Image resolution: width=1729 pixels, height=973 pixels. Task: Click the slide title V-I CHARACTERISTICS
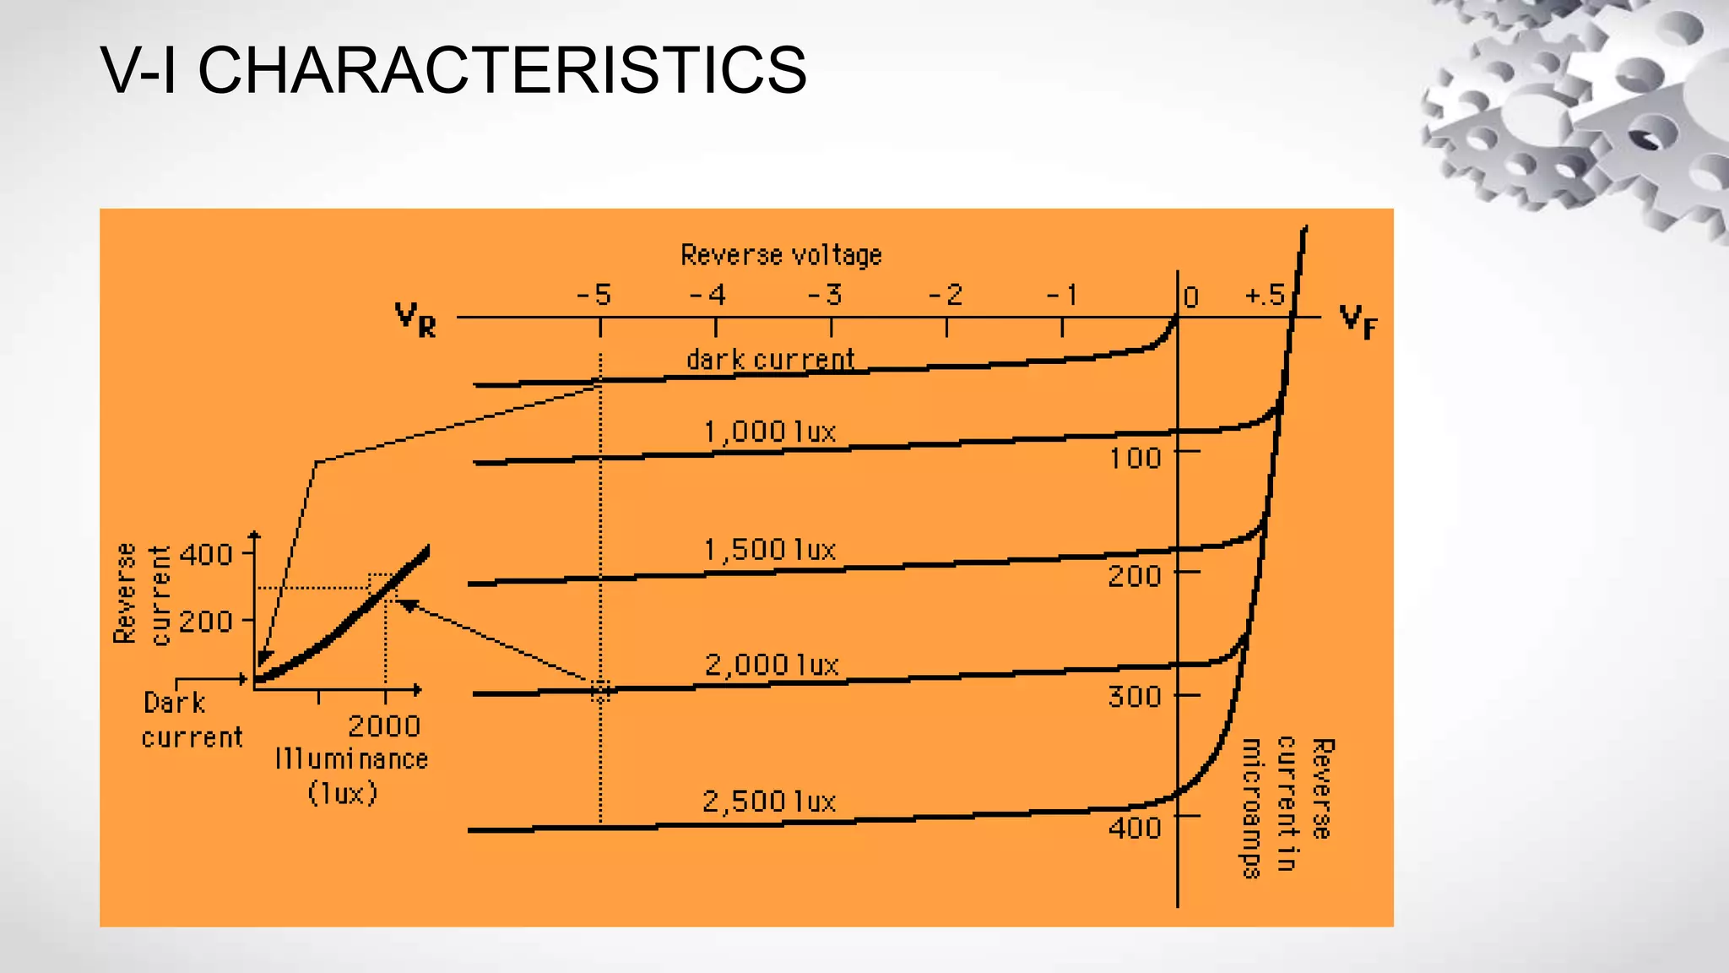[x=453, y=69]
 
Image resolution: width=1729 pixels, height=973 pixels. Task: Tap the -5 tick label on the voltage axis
[x=594, y=295]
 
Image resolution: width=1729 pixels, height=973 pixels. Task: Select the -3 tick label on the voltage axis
[x=826, y=295]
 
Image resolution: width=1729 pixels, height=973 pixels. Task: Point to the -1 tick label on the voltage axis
[x=1063, y=295]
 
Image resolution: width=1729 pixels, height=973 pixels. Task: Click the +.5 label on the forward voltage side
[x=1265, y=296]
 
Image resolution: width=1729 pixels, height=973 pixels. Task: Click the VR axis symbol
[x=415, y=320]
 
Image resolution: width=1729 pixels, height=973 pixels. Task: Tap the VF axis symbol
[x=1358, y=321]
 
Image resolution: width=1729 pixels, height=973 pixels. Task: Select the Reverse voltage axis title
[x=781, y=255]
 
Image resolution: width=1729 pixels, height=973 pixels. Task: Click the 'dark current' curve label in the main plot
[x=770, y=360]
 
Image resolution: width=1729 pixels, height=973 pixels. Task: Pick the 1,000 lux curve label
[x=769, y=432]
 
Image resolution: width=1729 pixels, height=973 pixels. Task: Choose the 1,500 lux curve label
[x=769, y=550]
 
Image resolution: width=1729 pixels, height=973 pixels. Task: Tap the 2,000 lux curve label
[x=772, y=665]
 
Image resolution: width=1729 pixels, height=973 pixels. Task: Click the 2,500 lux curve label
[x=768, y=801]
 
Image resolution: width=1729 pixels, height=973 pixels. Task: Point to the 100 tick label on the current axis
[x=1135, y=458]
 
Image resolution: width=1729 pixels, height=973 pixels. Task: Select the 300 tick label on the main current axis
[x=1135, y=697]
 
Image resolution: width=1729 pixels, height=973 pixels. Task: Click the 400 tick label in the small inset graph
[x=206, y=555]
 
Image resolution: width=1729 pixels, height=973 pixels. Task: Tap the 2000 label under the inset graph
[x=384, y=726]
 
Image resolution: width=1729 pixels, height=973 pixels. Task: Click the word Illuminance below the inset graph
[x=351, y=758]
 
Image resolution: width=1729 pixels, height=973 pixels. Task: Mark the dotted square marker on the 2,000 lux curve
[x=600, y=691]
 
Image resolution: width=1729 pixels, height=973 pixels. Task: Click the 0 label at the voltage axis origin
[x=1190, y=297]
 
